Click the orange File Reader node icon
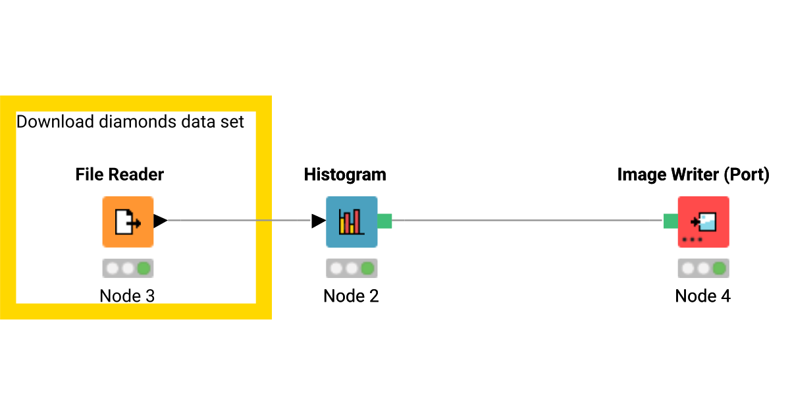[x=128, y=222]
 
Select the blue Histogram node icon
[x=352, y=222]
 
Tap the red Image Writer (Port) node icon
[x=703, y=222]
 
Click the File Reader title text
[x=119, y=175]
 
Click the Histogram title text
[x=345, y=175]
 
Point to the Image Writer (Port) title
[x=693, y=175]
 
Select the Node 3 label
[x=127, y=296]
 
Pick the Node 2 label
[x=351, y=296]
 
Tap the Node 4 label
[x=702, y=296]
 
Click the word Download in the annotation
[x=47, y=122]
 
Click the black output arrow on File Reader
[x=160, y=221]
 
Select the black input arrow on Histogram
[x=319, y=221]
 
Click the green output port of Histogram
[x=385, y=221]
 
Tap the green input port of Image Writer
[x=670, y=221]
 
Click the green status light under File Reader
[x=144, y=269]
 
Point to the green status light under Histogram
[x=367, y=269]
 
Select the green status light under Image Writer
[x=719, y=269]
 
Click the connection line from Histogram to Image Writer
[x=527, y=221]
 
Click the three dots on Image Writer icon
[x=692, y=240]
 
